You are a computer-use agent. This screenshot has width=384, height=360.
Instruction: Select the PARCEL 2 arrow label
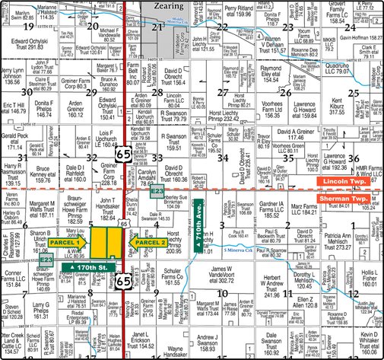[151, 243]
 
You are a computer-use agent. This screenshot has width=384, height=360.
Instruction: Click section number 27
[222, 92]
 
